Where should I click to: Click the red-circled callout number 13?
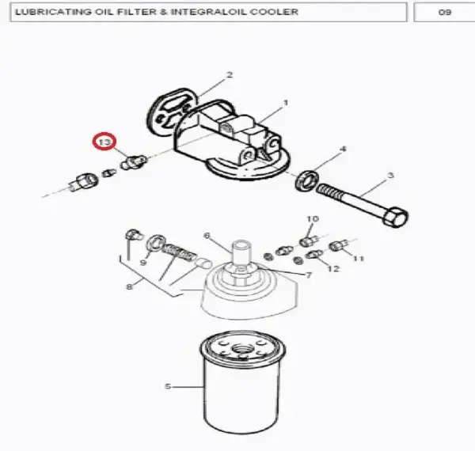pyautogui.click(x=104, y=142)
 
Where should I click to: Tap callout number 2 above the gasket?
pyautogui.click(x=230, y=74)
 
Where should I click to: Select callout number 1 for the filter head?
pyautogui.click(x=285, y=103)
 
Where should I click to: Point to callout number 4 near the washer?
pyautogui.click(x=344, y=149)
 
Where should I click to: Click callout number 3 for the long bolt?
pyautogui.click(x=391, y=175)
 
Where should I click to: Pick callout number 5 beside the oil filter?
pyautogui.click(x=168, y=387)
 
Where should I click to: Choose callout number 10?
pyautogui.click(x=313, y=218)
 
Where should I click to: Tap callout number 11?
pyautogui.click(x=359, y=259)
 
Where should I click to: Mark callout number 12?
pyautogui.click(x=333, y=268)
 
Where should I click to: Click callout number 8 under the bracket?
pyautogui.click(x=129, y=286)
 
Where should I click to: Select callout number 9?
pyautogui.click(x=143, y=262)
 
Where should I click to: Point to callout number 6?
pyautogui.click(x=207, y=236)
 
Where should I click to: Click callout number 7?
pyautogui.click(x=309, y=275)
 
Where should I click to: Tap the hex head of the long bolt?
pyautogui.click(x=396, y=217)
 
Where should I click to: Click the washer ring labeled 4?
pyautogui.click(x=307, y=181)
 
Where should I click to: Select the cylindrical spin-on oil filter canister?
pyautogui.click(x=242, y=381)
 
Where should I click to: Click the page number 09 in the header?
pyautogui.click(x=445, y=12)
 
